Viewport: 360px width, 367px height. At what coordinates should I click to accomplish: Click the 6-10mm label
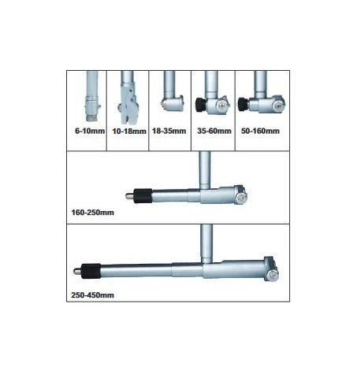click(x=90, y=131)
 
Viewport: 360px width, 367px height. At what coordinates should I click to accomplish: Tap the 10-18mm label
click(x=129, y=131)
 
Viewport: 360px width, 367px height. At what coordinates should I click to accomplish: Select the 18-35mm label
click(x=169, y=131)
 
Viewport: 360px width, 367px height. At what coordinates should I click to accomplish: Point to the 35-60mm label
click(x=214, y=131)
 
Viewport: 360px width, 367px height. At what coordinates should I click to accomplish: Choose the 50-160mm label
click(x=260, y=131)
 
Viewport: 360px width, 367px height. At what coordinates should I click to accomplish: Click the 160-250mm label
click(x=93, y=212)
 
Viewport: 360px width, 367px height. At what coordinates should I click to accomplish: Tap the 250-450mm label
click(x=93, y=295)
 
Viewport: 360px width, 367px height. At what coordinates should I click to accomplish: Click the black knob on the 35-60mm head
click(x=201, y=105)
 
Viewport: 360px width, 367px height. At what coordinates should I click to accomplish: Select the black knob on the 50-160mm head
click(x=243, y=103)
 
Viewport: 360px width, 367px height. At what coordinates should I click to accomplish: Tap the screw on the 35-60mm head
click(x=221, y=106)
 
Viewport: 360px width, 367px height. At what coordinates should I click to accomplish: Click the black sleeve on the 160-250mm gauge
click(x=143, y=196)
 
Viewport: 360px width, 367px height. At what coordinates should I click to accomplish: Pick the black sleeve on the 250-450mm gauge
click(x=91, y=271)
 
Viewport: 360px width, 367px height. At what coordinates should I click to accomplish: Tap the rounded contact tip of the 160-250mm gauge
click(x=129, y=196)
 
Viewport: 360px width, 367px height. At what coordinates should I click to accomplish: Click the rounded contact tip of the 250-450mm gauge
click(x=77, y=271)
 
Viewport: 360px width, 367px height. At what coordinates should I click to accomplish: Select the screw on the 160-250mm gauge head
click(x=240, y=198)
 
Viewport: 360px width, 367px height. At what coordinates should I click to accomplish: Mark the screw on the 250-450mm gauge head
click(x=272, y=275)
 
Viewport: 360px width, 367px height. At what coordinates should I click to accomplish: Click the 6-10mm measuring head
click(x=92, y=108)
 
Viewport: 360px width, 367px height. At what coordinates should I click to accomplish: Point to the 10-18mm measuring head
click(x=129, y=105)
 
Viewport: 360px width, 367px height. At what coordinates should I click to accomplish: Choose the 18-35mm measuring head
click(x=173, y=103)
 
